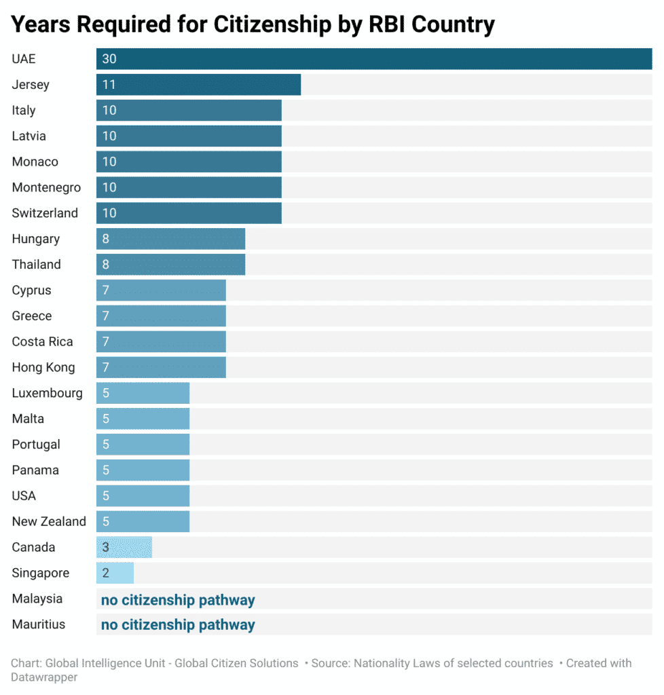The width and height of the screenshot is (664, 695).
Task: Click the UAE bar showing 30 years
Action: tap(373, 59)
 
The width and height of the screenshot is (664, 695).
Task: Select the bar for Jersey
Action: tap(198, 85)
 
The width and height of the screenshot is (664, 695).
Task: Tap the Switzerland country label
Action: tap(45, 213)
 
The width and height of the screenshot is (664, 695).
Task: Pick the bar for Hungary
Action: tap(170, 239)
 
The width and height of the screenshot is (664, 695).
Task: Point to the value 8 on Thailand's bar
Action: tap(106, 265)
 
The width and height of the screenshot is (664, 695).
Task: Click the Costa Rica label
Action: tap(42, 341)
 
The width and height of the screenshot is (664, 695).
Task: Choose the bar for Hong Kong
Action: tap(161, 367)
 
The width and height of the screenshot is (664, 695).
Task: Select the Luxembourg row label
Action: tap(47, 393)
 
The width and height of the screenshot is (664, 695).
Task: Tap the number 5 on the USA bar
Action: tap(106, 496)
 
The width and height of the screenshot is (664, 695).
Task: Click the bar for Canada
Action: tap(124, 547)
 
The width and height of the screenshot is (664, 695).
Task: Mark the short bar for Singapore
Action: tap(115, 573)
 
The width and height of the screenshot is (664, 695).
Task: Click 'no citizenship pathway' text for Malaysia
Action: tap(178, 600)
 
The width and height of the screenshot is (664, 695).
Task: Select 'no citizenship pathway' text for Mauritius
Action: tap(178, 625)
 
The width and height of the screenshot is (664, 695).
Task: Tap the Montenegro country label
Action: tap(46, 187)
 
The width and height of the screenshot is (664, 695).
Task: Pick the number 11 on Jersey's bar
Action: tap(109, 85)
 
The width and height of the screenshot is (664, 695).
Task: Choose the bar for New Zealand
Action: tap(143, 521)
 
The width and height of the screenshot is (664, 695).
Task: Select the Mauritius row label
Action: tap(39, 624)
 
